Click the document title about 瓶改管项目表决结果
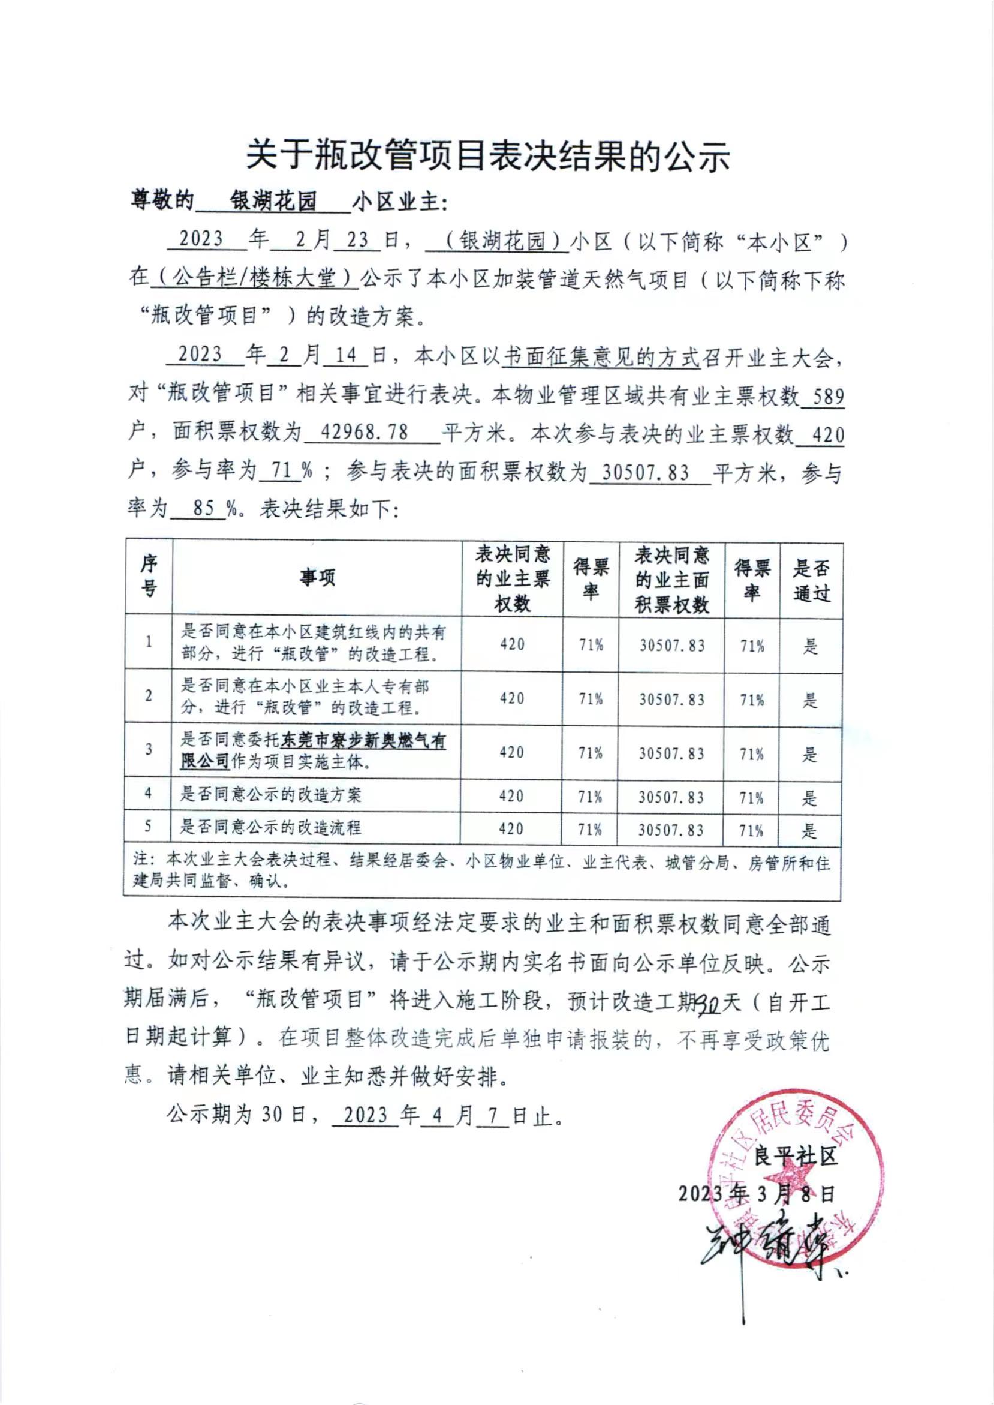coord(488,157)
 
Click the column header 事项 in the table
coord(317,578)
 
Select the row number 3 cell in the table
coord(149,750)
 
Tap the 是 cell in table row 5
coord(810,830)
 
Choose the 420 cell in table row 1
coord(512,644)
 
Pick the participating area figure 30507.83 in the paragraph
coord(645,473)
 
